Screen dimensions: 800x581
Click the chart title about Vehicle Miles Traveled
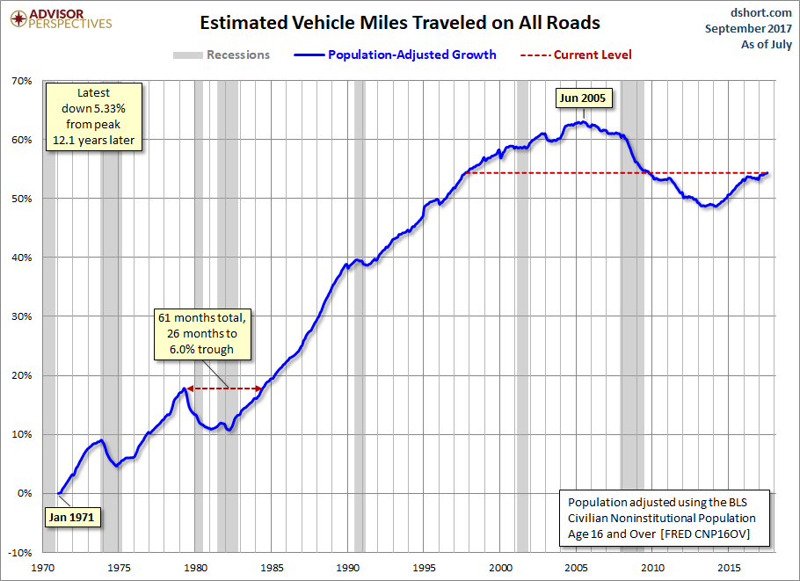(x=399, y=23)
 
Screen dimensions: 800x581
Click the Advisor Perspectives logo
(x=61, y=19)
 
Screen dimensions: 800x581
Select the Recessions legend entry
(x=222, y=54)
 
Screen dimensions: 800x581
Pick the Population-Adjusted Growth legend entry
(x=395, y=54)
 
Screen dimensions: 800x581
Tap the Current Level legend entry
(x=576, y=54)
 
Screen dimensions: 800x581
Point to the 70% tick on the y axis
(x=22, y=81)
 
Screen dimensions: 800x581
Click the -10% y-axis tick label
(x=20, y=553)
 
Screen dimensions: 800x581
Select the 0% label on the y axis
(x=25, y=493)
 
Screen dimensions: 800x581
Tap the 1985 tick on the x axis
(x=272, y=568)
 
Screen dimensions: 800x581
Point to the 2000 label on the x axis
(x=500, y=568)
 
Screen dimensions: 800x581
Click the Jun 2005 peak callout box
(x=583, y=98)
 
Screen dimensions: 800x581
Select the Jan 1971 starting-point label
(x=71, y=517)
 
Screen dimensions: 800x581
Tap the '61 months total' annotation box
(x=202, y=334)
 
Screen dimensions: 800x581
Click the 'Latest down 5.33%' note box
(x=93, y=116)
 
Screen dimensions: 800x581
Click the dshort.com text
(x=760, y=12)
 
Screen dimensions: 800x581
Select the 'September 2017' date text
(x=748, y=28)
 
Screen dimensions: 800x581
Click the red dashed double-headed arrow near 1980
(x=225, y=389)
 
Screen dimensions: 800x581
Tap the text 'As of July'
(x=767, y=44)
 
